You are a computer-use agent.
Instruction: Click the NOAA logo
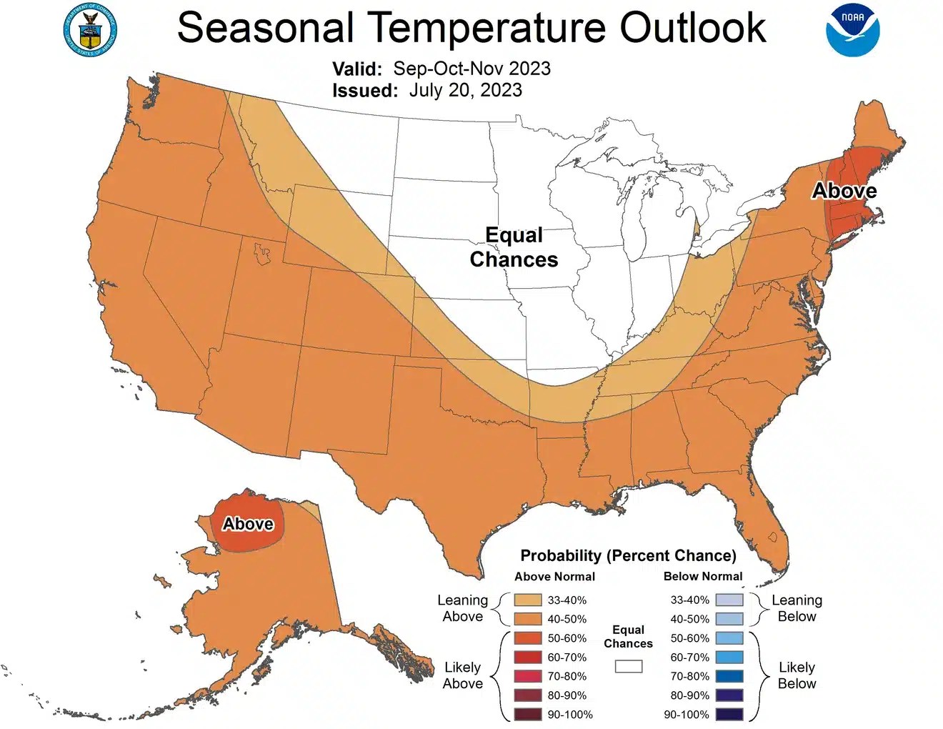tap(853, 30)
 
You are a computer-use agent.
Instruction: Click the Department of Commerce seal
tap(90, 30)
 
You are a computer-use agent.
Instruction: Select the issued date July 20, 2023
tap(465, 90)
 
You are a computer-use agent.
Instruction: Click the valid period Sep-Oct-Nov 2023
tap(471, 69)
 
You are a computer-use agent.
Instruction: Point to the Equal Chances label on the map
tap(514, 247)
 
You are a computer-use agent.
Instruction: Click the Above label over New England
tap(844, 191)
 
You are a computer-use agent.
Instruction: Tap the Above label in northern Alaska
tap(248, 524)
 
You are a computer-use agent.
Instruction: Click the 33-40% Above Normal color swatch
tap(527, 600)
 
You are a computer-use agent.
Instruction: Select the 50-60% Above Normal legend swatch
tap(527, 638)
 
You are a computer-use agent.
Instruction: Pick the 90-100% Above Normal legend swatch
tap(527, 714)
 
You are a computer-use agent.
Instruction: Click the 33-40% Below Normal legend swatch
tap(729, 600)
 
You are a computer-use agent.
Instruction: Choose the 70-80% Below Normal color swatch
tap(729, 676)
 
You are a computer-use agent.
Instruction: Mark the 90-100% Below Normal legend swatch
tap(729, 714)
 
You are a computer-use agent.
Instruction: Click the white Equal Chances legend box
tap(629, 666)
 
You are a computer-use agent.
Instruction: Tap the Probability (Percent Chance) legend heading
tap(628, 556)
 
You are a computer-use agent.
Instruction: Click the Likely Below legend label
tap(797, 675)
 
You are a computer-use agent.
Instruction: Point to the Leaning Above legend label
tap(462, 608)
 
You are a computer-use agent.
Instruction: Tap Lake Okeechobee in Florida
tap(772, 536)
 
